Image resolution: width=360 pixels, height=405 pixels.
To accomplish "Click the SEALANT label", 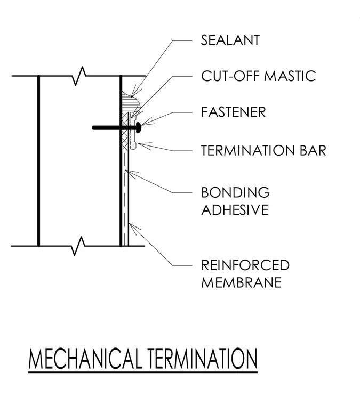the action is [x=230, y=40].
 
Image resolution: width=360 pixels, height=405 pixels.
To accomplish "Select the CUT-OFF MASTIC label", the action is [x=259, y=76].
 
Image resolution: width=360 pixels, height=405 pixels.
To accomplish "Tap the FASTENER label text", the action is [x=234, y=112].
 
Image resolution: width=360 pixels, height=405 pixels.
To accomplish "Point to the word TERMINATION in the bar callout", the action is [x=248, y=150].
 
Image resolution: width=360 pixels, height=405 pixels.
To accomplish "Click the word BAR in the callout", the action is [x=313, y=150].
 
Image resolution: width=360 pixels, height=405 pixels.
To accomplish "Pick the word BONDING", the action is [x=235, y=192].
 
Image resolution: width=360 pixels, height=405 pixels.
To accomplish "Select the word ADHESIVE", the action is [x=235, y=209].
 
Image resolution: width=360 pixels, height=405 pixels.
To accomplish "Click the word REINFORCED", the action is [x=245, y=265].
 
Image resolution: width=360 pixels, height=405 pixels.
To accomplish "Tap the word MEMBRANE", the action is [x=242, y=282].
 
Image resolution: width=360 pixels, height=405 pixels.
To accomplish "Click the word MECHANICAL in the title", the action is [x=85, y=359].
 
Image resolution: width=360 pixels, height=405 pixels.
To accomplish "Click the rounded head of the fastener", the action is [x=139, y=127].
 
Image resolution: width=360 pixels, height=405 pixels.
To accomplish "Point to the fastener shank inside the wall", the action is [x=107, y=127].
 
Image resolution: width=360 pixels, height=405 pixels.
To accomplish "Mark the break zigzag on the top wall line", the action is [x=79, y=76].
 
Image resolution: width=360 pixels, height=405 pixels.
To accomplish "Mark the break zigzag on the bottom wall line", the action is [x=78, y=246].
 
